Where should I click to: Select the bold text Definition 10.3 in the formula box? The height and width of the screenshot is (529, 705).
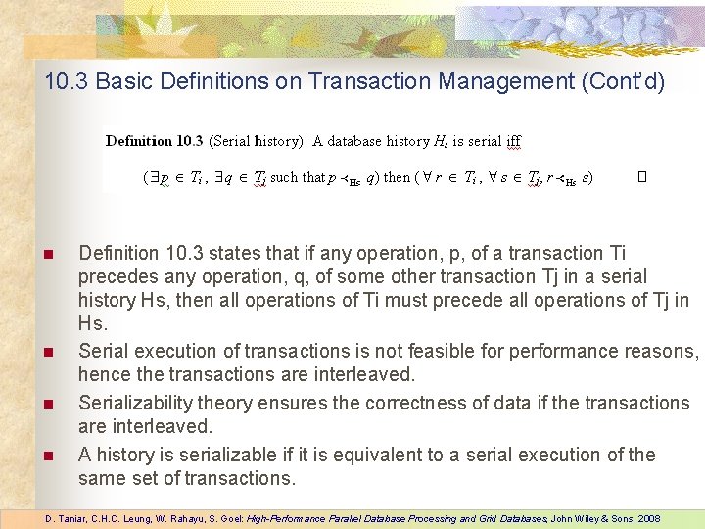pos(154,141)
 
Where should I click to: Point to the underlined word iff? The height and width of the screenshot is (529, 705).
pos(513,141)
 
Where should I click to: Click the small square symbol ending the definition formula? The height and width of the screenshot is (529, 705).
pos(642,178)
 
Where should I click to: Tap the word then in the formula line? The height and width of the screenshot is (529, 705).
pos(398,178)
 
